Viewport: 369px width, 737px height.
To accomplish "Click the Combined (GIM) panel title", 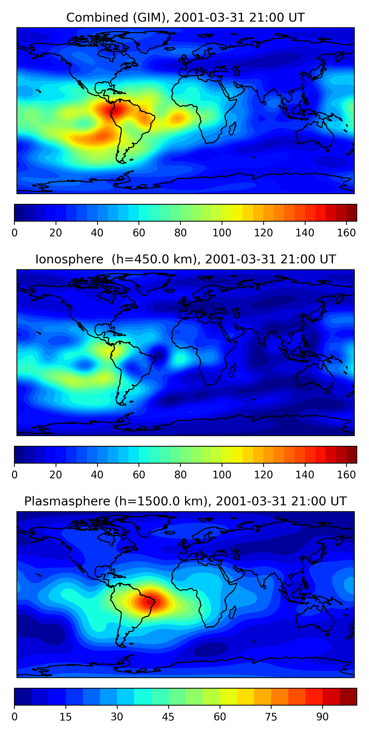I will (185, 18).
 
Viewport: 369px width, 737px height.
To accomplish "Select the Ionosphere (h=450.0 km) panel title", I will (185, 259).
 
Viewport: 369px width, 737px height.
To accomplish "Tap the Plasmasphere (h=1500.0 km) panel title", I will (185, 501).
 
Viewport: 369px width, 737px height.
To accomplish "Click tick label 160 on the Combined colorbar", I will (346, 233).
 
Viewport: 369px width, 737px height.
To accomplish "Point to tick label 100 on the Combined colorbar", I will (222, 233).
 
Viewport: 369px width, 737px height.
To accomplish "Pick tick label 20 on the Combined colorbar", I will (56, 233).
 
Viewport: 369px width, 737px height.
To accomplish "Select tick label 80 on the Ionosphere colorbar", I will (180, 475).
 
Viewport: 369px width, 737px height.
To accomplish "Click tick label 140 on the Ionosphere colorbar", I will (305, 475).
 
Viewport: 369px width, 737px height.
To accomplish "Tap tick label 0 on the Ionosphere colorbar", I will (15, 475).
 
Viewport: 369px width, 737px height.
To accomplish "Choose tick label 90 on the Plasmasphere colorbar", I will (322, 717).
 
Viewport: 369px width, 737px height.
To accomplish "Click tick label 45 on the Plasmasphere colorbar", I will (168, 717).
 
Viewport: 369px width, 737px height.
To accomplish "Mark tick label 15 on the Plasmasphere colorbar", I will (66, 717).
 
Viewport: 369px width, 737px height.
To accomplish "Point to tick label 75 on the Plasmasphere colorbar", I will (271, 717).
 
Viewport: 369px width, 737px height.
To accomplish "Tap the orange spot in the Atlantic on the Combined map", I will (178, 118).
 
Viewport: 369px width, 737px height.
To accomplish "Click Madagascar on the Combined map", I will (232, 128).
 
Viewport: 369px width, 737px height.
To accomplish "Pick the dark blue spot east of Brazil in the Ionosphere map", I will (159, 355).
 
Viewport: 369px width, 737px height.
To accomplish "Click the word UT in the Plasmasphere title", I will (338, 501).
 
